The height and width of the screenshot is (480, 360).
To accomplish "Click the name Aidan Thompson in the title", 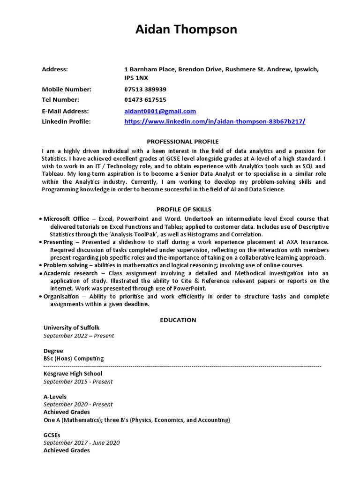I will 186,30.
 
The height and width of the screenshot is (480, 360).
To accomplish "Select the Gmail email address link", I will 160,111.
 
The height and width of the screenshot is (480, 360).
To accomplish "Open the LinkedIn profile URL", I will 215,121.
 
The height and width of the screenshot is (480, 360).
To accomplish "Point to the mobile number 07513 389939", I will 145,89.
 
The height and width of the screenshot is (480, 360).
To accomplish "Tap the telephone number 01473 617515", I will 145,99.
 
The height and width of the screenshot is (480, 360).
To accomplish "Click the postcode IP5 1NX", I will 136,78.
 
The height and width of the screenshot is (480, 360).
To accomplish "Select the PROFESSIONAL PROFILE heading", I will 183,141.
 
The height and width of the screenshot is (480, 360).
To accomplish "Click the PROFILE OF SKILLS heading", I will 183,209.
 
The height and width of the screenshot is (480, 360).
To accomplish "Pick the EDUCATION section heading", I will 178,320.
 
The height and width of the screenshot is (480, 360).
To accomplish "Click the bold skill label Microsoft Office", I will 66,219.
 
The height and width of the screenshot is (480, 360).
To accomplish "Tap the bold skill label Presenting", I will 58,242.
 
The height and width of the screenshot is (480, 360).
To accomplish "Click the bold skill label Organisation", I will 61,296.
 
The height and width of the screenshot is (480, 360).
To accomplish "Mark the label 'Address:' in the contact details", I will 55,69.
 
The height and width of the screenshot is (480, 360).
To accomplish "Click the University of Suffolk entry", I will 71,328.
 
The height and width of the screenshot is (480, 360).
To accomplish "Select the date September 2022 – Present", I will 79,336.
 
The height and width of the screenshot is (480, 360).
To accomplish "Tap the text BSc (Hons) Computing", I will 74,358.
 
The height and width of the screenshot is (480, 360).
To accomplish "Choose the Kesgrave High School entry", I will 73,374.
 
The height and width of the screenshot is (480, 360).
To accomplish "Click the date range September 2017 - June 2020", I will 82,442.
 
